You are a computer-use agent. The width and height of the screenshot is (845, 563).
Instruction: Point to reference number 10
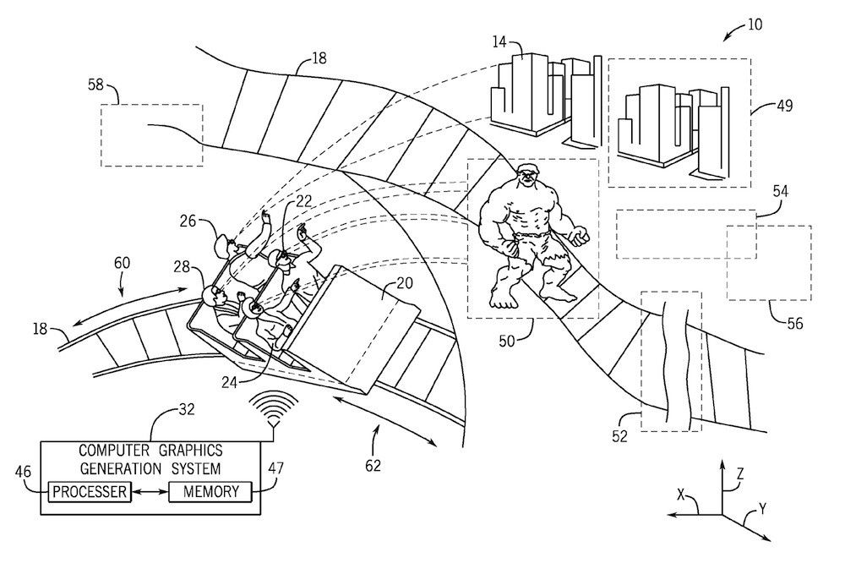(753, 24)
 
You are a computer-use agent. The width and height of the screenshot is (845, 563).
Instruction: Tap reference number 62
(373, 464)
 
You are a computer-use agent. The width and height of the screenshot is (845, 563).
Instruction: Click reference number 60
(123, 263)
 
